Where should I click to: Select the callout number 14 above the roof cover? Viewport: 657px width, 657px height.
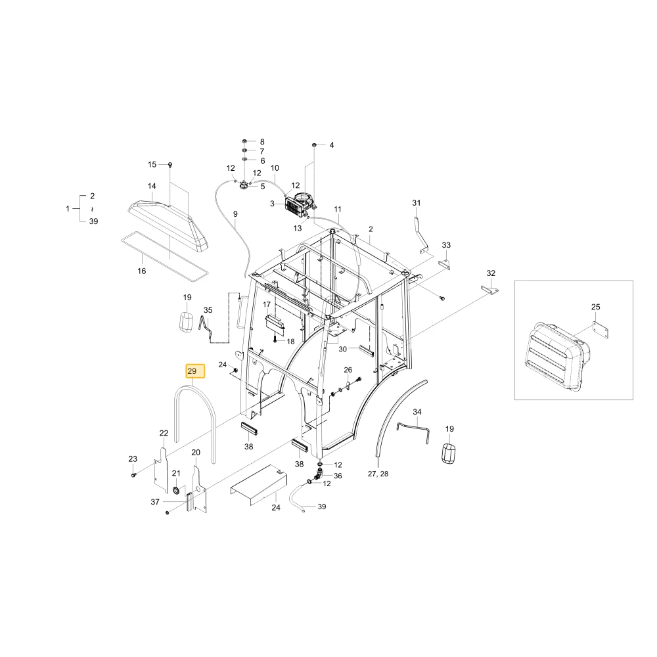(x=152, y=186)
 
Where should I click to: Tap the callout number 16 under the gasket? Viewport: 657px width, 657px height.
(x=142, y=271)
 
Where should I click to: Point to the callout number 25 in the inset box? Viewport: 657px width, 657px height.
(x=595, y=307)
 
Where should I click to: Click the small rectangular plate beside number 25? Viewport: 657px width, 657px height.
(x=601, y=330)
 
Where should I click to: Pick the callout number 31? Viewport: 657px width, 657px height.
(x=416, y=203)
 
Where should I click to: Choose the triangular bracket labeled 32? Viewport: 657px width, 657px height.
(x=489, y=290)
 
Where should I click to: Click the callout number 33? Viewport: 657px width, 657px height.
(x=446, y=244)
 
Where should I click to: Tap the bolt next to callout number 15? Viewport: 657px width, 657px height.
(x=170, y=164)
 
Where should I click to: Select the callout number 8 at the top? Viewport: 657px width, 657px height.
(x=262, y=142)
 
